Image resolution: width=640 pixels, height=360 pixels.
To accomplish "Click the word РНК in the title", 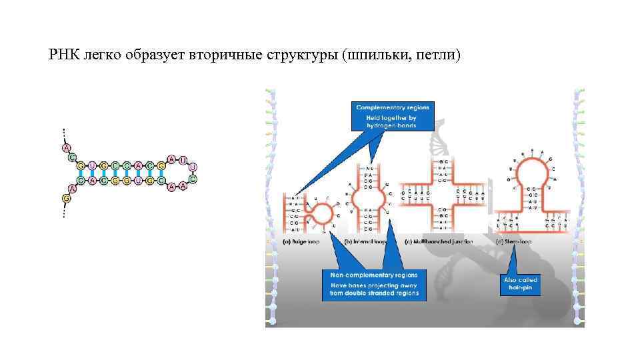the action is pyautogui.click(x=65, y=53).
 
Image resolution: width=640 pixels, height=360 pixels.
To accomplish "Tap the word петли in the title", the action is pyautogui.click(x=437, y=53).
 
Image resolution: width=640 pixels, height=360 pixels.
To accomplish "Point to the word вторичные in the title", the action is pyautogui.click(x=205, y=53).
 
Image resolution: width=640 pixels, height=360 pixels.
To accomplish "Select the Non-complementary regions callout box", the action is pyautogui.click(x=374, y=284).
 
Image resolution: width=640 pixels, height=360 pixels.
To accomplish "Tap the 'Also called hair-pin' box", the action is pyautogui.click(x=521, y=283).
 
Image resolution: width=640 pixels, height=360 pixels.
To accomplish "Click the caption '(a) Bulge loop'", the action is pyautogui.click(x=301, y=241).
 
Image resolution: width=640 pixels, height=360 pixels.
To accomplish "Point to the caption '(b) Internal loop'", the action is pyautogui.click(x=365, y=241).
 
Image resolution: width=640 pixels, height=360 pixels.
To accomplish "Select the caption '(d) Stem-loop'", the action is pyautogui.click(x=514, y=241).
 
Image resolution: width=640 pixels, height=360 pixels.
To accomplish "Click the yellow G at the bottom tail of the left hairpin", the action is pyautogui.click(x=65, y=198).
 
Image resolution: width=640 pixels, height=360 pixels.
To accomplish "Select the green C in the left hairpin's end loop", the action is pyautogui.click(x=193, y=179).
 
